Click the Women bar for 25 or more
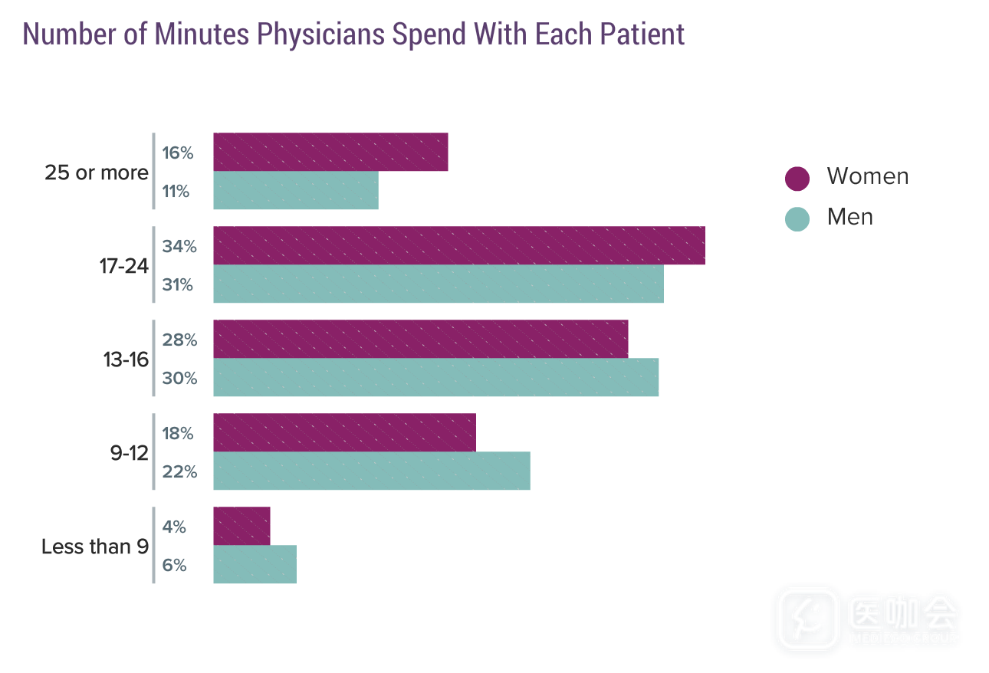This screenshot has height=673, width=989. point(330,152)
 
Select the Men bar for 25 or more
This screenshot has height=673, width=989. point(296,190)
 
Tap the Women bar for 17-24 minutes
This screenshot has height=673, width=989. point(459,245)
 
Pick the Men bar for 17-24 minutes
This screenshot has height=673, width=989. point(439,284)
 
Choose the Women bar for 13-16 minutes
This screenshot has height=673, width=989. point(420,339)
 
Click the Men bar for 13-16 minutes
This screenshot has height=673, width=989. point(435,377)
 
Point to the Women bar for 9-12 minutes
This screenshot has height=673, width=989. point(344,432)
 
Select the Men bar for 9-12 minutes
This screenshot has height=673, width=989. point(372,471)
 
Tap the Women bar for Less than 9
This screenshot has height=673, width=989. point(242,526)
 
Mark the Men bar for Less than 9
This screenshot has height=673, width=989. point(255,564)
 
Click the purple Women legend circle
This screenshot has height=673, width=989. point(797,178)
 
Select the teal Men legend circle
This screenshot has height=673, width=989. point(797,218)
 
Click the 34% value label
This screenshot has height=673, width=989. point(179,246)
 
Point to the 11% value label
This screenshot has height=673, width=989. point(176,191)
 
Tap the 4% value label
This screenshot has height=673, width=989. point(175,527)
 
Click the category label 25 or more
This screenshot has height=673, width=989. point(97,172)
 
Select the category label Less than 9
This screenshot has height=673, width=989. point(95,547)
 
